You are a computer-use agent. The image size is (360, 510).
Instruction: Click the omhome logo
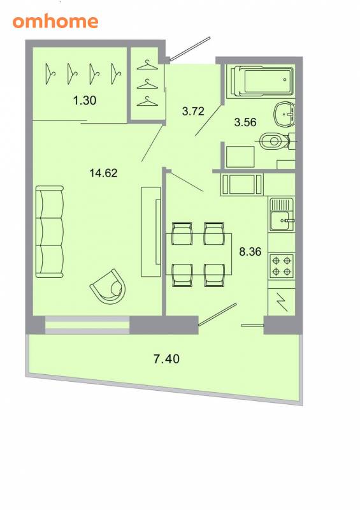55,22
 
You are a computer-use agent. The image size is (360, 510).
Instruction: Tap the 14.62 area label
103,173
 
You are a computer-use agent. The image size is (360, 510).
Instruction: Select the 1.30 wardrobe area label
85,100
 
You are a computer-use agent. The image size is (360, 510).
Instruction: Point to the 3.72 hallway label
193,111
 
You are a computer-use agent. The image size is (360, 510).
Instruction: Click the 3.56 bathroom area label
245,122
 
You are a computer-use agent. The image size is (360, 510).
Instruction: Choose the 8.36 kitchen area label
250,251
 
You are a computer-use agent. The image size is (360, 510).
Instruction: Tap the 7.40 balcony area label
166,359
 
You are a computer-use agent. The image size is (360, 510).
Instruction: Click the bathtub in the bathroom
262,82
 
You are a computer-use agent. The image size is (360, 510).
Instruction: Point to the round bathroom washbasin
285,115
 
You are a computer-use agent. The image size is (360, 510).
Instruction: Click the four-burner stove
282,266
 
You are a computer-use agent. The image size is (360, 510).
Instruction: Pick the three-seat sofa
50,231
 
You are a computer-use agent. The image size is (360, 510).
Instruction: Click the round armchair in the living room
108,287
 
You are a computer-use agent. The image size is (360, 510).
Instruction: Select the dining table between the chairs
199,254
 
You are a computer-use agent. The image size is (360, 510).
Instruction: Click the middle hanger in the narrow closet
147,84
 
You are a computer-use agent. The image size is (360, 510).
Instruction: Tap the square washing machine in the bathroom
240,157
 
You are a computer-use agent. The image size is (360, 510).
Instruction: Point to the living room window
87,324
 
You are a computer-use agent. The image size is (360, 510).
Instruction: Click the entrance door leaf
191,49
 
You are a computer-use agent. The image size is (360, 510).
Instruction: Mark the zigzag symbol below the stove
282,302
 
